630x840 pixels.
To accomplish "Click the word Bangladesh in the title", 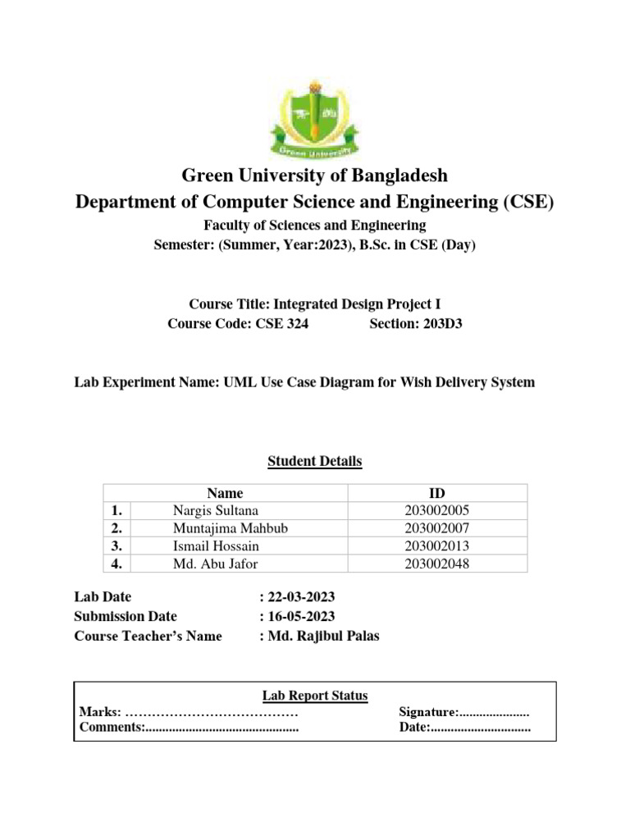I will coord(390,176).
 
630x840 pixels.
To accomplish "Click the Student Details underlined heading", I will coord(315,461).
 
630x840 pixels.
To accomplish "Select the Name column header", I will coord(226,493).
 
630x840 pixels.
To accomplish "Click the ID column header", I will coord(437,493).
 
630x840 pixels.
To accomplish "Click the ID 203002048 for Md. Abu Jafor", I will coord(437,564).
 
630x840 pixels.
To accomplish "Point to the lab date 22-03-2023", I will coord(301,597).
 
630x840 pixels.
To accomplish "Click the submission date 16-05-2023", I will coord(301,617).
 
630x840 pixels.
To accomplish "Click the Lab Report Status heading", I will coord(315,696).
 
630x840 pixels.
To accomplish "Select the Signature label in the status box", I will coord(427,712).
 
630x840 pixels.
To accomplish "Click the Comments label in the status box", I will coord(112,728).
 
